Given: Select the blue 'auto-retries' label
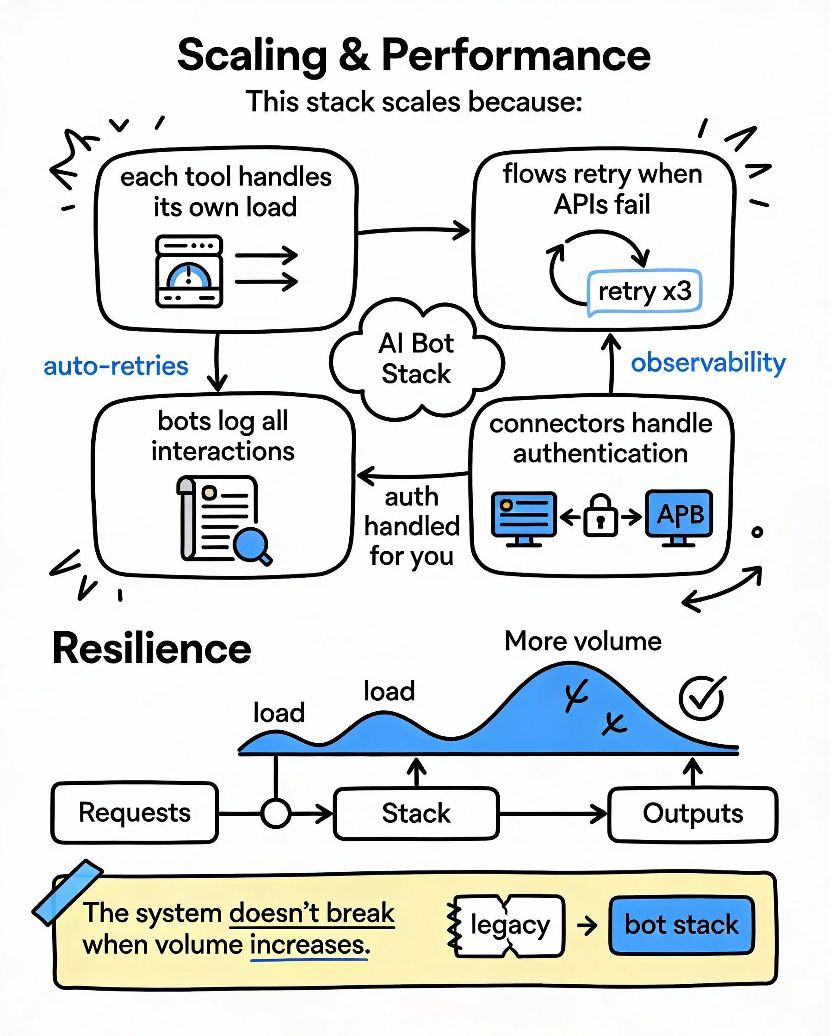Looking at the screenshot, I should coord(116,366).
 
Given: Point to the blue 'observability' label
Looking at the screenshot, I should coord(708,362).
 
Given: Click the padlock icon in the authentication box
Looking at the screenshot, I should coord(600,517).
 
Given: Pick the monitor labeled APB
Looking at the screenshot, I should coord(679,515).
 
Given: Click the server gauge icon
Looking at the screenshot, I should coord(189,271).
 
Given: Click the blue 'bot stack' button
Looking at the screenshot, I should coord(681,925).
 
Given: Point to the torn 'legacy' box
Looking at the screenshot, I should coord(509,925).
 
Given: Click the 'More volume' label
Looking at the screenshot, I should coord(583,641).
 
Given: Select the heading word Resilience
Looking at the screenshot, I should coord(152,649).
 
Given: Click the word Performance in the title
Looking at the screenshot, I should coord(516,55).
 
